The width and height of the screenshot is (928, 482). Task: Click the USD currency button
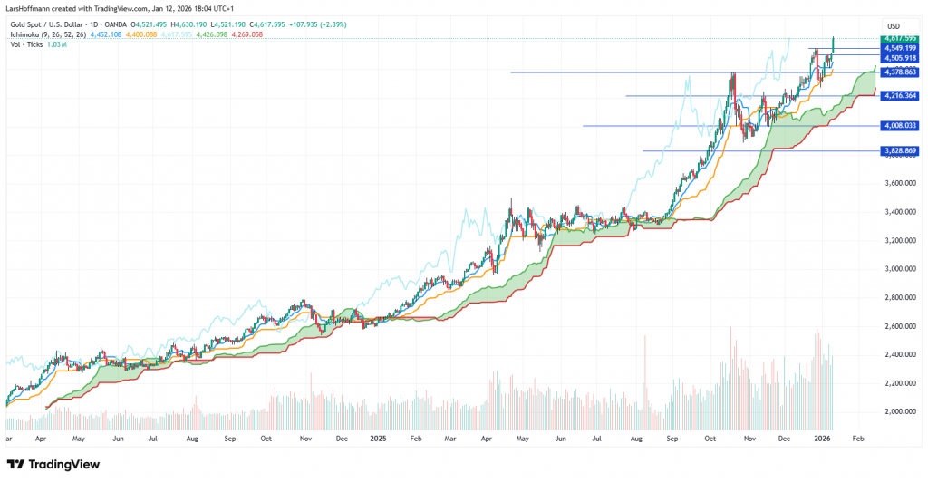click(x=893, y=25)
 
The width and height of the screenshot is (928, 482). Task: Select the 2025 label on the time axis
click(x=380, y=437)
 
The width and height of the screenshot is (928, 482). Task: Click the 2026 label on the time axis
click(x=822, y=437)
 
